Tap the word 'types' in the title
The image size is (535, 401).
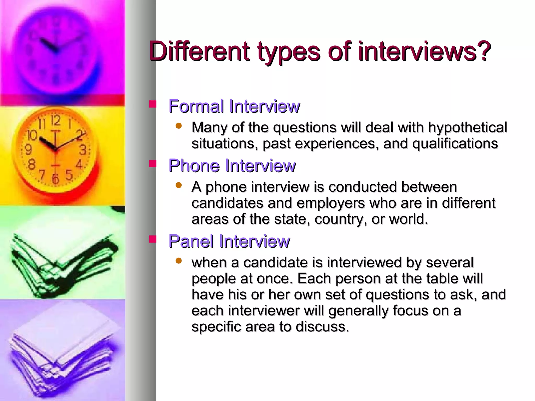coord(288,52)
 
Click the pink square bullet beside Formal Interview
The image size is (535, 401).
coord(152,104)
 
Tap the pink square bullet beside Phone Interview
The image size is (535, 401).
coord(152,164)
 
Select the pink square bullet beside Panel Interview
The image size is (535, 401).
coord(152,239)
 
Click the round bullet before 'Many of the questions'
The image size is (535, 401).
coord(179,126)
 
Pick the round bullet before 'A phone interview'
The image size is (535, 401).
coord(179,185)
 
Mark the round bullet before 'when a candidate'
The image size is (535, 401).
coord(179,261)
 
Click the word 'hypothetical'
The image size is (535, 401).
coord(467,128)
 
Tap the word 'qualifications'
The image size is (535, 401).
coord(455,144)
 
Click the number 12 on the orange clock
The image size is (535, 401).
coord(55,121)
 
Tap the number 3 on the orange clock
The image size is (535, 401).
coord(83,150)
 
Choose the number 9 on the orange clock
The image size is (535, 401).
coord(28,150)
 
